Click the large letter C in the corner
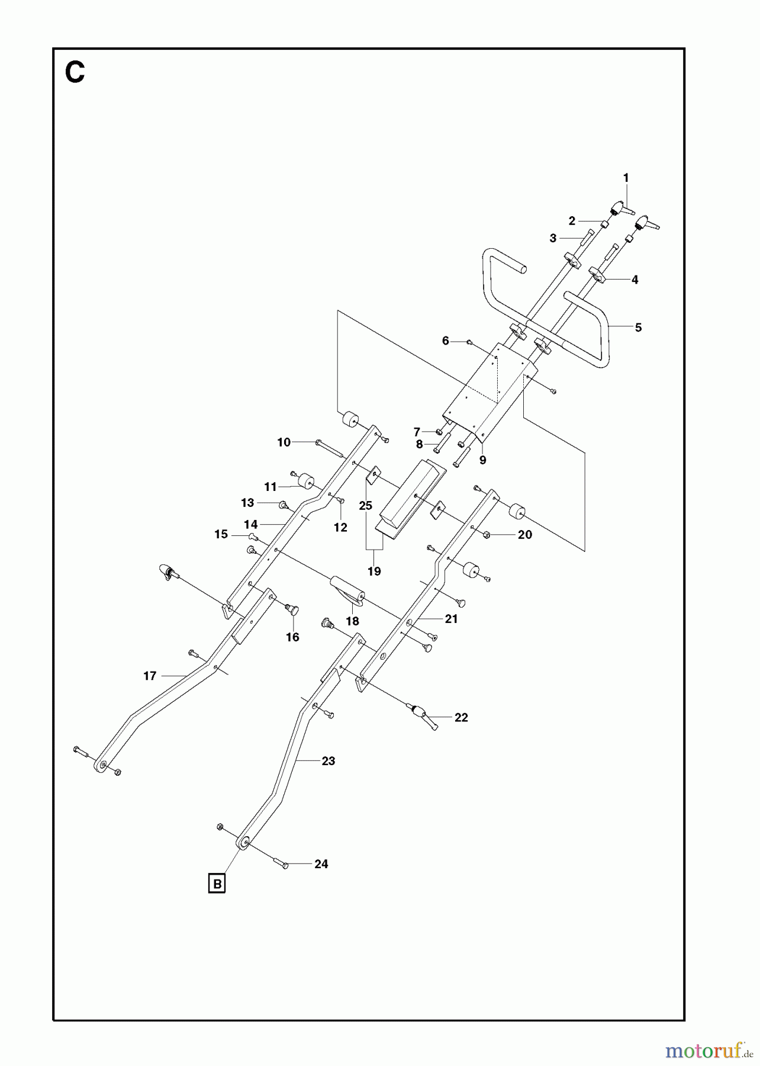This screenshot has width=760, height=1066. (75, 73)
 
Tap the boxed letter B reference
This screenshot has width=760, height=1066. (217, 884)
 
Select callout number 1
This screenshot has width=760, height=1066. (626, 178)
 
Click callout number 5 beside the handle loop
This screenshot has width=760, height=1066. (637, 327)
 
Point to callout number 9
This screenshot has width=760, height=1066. (483, 460)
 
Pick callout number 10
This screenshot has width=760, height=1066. (284, 442)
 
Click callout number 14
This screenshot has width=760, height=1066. (251, 525)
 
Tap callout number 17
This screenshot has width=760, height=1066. (150, 676)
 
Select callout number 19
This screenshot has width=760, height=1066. (374, 571)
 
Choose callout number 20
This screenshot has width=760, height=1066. (525, 534)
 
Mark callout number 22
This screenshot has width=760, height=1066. (461, 717)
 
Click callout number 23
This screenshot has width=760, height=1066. (329, 761)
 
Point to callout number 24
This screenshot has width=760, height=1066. (321, 864)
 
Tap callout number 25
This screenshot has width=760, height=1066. (366, 505)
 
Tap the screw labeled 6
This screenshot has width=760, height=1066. (469, 342)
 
